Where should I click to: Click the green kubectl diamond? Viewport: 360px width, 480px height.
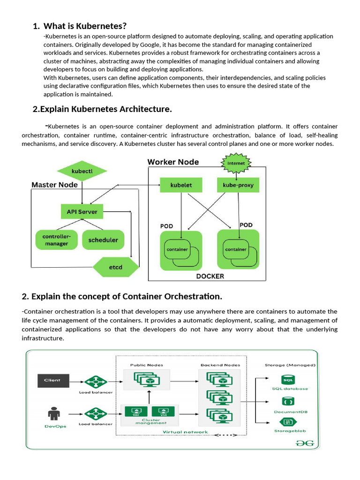tap(82, 171)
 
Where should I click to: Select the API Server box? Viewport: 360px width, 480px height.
tap(82, 212)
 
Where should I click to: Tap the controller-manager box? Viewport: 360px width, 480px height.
tap(56, 240)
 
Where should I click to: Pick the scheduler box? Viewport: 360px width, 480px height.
tap(103, 240)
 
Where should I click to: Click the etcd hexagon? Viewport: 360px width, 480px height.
tap(116, 267)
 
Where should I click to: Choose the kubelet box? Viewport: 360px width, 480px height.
tap(181, 185)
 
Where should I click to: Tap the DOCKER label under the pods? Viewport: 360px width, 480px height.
tap(210, 276)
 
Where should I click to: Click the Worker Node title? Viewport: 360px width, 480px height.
tap(173, 162)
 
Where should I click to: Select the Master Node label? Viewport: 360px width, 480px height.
tap(54, 185)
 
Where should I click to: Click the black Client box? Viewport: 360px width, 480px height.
tap(52, 380)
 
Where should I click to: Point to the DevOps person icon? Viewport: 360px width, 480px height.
tap(52, 414)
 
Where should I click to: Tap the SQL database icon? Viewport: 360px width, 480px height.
tap(287, 380)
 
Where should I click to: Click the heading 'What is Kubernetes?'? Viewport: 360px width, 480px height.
tap(85, 26)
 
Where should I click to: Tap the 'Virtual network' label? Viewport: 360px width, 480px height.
tap(185, 432)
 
